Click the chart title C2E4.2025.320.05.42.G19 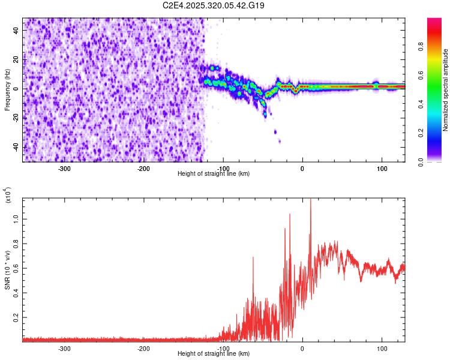214,5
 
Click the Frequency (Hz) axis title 7,90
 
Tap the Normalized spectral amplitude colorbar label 446,90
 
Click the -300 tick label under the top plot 64,169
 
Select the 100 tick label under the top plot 382,169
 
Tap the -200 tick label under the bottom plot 143,349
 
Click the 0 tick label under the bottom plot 302,349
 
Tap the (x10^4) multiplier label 7,195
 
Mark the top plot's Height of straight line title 214,174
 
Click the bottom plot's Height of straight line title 214,354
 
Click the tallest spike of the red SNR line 310,201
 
